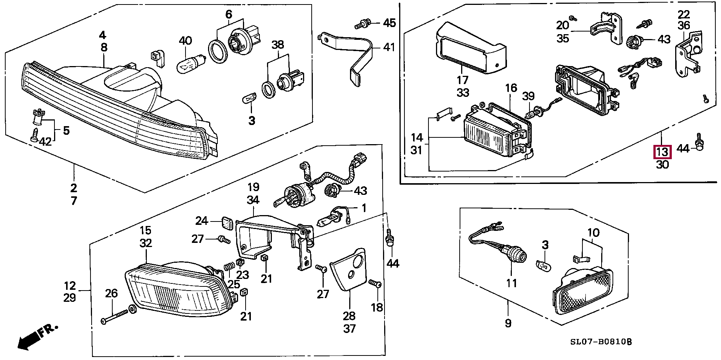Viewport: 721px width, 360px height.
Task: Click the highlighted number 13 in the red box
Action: click(662, 152)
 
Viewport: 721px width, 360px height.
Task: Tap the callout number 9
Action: click(508, 323)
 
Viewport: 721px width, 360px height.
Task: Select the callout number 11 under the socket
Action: click(512, 283)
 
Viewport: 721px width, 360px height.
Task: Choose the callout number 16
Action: click(511, 89)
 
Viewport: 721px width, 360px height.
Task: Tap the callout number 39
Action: click(528, 96)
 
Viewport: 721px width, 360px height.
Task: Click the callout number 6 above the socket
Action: click(229, 15)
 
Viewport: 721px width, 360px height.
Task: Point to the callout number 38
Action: click(278, 45)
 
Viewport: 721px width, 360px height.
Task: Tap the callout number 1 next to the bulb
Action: click(363, 208)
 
